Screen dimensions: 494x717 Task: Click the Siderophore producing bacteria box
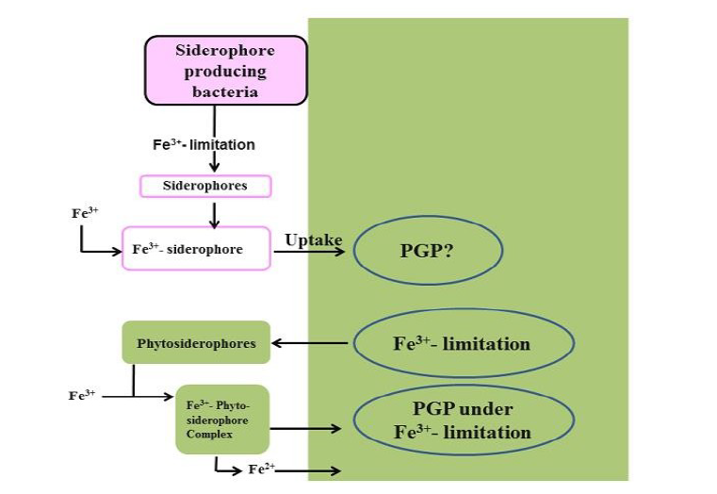225,70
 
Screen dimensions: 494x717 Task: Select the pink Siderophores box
205,186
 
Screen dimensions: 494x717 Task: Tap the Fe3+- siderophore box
196,250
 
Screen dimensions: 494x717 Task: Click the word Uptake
314,240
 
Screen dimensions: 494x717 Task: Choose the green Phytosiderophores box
196,342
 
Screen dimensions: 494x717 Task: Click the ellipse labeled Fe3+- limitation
462,342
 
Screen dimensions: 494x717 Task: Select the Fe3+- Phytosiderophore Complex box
222,420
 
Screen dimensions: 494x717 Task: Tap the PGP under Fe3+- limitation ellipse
463,420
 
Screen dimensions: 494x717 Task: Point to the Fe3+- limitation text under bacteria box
204,145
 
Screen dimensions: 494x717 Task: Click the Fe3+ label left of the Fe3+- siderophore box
87,213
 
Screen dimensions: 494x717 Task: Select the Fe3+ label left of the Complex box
83,396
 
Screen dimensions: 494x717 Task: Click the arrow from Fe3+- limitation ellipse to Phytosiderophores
311,342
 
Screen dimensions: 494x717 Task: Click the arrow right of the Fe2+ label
311,469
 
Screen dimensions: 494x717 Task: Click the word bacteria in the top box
225,91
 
